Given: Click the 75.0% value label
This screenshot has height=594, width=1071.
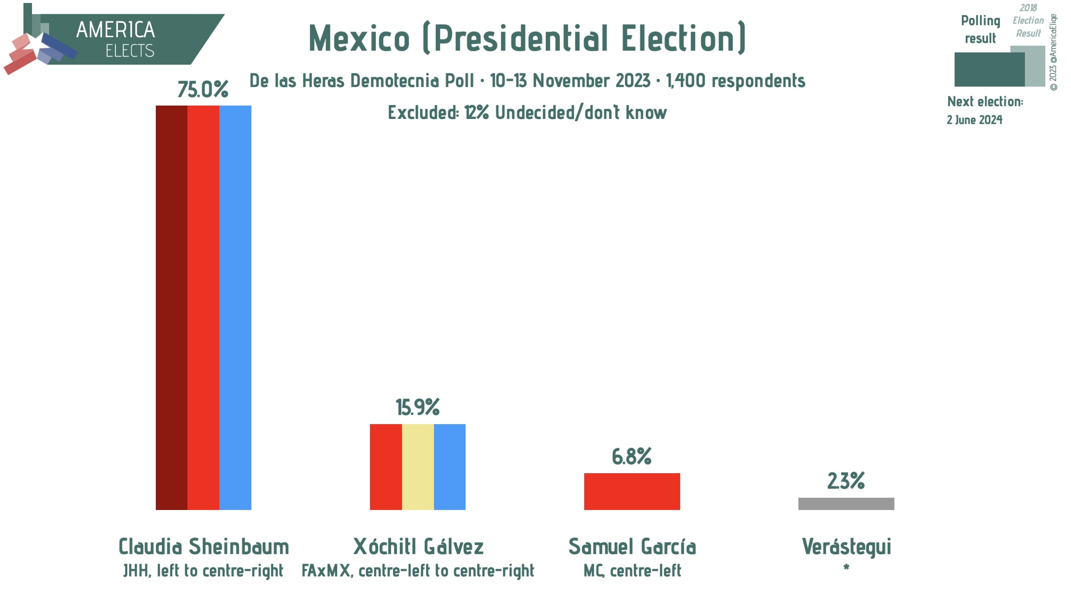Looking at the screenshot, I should [203, 89].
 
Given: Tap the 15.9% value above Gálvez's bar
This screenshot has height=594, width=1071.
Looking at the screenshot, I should [417, 407].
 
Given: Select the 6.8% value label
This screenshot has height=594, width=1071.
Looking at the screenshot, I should [631, 456].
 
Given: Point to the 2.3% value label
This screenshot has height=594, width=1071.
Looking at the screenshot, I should [846, 481].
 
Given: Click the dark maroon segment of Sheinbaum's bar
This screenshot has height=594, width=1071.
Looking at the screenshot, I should [171, 308].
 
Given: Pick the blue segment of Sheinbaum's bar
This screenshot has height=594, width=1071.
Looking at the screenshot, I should [235, 308].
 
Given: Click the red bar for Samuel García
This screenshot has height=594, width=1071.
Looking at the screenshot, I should [631, 491].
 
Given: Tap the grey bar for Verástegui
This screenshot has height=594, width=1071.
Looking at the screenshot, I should [846, 503].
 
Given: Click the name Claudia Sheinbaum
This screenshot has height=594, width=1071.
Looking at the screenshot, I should [204, 547].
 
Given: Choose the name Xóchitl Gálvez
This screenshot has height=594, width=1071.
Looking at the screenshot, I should [418, 547].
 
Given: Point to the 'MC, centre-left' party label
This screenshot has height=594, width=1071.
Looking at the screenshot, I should [632, 571].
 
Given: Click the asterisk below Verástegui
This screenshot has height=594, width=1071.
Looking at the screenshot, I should [846, 567].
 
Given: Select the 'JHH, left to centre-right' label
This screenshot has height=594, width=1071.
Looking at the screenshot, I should [203, 571].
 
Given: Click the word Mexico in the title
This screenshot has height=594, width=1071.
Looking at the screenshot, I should [359, 38].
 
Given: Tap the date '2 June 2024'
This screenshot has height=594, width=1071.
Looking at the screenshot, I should [974, 120].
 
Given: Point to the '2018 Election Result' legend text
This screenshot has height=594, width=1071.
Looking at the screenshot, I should [1028, 21].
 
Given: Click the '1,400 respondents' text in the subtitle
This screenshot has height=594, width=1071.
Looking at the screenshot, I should [735, 81].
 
